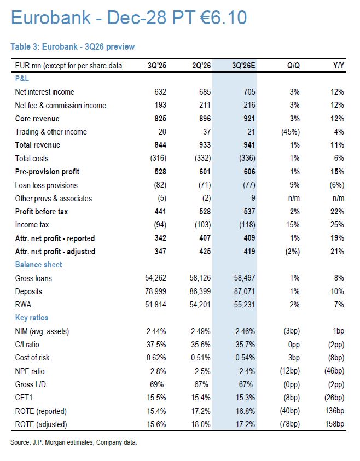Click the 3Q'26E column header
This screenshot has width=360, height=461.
243,65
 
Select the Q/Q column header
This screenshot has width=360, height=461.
294,65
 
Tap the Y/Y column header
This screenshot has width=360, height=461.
339,65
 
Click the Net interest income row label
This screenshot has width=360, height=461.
45,92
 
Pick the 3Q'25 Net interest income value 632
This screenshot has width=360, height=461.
160,92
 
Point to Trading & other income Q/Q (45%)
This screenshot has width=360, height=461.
291,132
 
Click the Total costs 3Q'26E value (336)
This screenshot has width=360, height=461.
247,158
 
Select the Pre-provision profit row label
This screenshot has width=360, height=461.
48,172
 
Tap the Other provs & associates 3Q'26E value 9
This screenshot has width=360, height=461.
253,198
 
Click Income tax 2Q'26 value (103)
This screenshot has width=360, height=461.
202,225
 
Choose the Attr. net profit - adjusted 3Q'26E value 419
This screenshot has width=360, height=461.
249,252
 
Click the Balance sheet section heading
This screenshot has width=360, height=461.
38,265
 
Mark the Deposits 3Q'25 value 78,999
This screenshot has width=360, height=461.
155,291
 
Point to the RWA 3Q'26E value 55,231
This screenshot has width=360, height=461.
245,305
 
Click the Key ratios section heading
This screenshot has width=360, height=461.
32,318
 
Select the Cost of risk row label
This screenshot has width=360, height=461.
32,358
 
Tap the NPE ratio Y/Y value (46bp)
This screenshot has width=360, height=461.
334,371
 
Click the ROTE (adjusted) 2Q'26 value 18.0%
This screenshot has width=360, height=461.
201,424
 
